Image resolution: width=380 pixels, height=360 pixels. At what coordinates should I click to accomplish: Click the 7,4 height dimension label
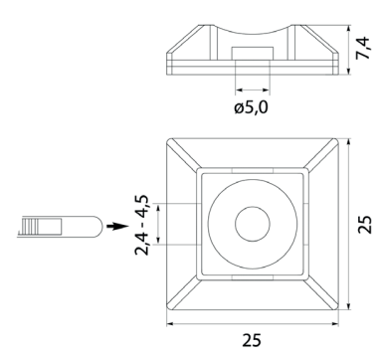click(363, 48)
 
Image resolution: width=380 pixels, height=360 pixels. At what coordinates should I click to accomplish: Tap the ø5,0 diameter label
click(251, 107)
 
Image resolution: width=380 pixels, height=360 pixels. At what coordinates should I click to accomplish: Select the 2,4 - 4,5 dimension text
click(142, 225)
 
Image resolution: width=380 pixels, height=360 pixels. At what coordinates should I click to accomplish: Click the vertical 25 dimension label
click(365, 225)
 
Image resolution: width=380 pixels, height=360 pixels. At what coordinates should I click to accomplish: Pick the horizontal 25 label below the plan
click(252, 340)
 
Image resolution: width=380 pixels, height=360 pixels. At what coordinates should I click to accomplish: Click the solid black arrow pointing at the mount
click(117, 227)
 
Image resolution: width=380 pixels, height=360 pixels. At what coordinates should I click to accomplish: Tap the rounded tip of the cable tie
click(97, 227)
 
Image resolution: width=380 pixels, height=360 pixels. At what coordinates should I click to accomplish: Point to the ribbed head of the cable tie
click(30, 226)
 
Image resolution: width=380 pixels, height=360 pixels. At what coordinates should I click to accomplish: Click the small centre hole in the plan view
click(253, 224)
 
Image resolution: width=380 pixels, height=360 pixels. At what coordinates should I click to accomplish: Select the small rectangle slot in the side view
click(253, 54)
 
